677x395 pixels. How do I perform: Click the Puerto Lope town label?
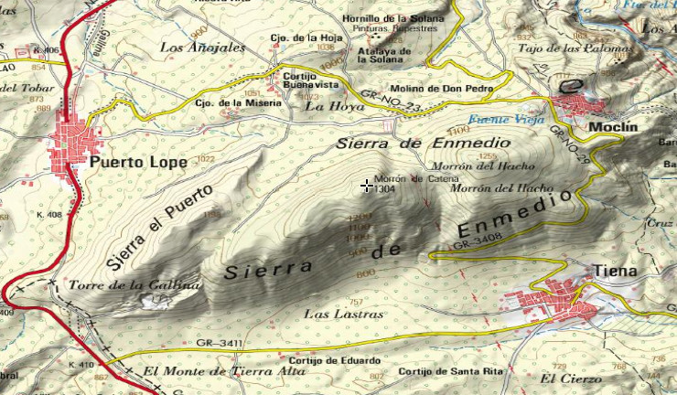[139, 162]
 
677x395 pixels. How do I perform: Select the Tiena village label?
[613, 271]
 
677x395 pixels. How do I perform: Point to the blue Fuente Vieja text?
[506, 120]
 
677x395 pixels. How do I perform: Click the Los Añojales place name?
[202, 47]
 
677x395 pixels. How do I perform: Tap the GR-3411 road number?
[218, 344]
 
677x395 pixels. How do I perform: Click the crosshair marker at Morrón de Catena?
[367, 187]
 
